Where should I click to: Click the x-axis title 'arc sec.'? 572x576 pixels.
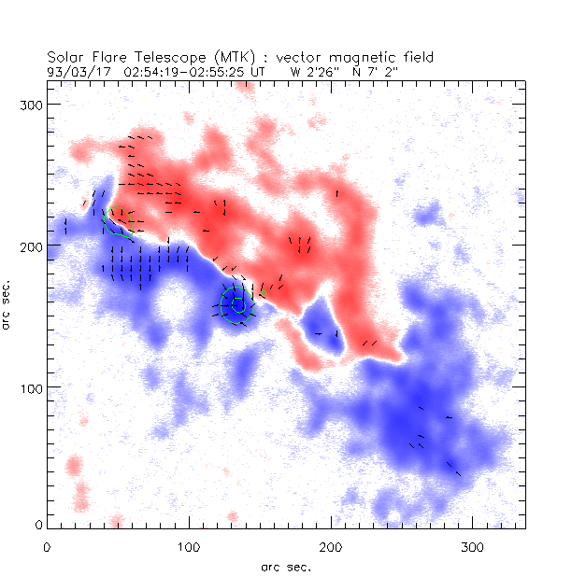click(x=286, y=566)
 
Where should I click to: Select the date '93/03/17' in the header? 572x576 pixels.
click(x=78, y=70)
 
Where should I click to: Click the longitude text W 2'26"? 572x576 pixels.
click(x=313, y=70)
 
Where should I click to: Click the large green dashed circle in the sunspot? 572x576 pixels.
click(x=238, y=305)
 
